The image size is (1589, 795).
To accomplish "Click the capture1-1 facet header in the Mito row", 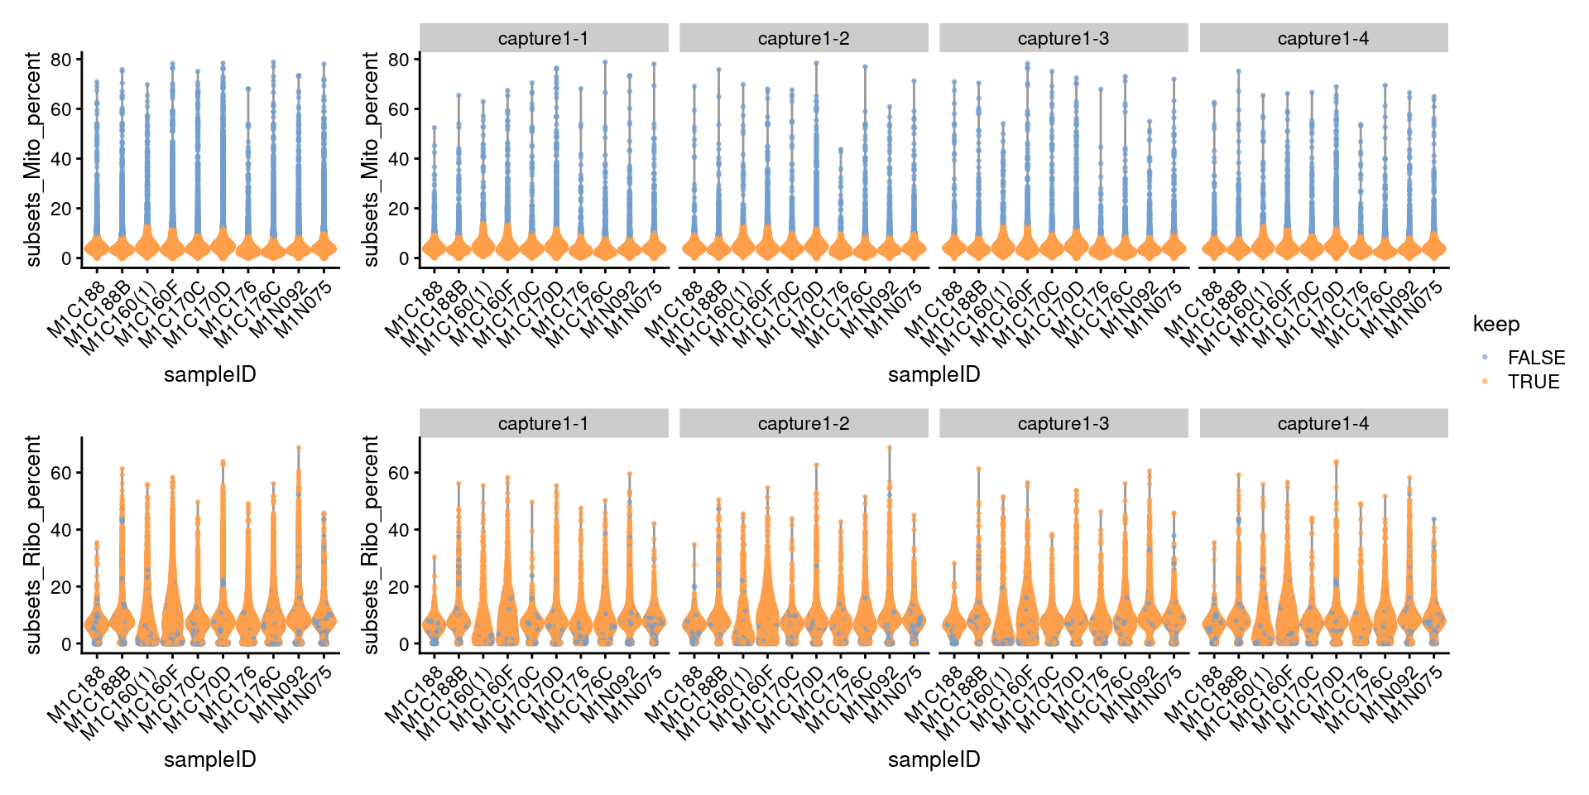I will click(x=543, y=38).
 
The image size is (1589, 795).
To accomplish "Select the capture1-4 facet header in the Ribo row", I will click(x=1323, y=423).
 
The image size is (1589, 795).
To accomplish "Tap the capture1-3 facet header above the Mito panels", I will click(x=1063, y=38).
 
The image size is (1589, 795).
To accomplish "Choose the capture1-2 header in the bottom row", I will click(x=803, y=423).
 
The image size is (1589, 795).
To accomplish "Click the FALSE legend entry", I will click(x=1535, y=358).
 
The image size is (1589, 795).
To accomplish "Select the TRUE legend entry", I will click(x=1533, y=382).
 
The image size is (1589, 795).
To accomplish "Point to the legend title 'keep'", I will click(x=1495, y=325).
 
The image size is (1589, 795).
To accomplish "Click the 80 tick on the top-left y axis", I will click(x=61, y=60).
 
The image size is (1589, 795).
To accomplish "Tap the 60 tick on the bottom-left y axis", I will click(x=61, y=473).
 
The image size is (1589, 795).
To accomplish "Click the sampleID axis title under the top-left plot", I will click(x=209, y=374).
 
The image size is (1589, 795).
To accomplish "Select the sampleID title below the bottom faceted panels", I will click(x=934, y=759).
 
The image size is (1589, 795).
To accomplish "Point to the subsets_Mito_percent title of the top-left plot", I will click(x=33, y=159).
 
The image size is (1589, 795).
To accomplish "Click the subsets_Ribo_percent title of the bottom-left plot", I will click(x=33, y=545).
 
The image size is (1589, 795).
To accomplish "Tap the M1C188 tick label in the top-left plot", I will click(x=77, y=310).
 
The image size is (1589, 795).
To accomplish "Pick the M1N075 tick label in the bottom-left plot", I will click(x=304, y=694).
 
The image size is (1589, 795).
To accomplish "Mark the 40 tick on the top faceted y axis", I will click(x=399, y=159).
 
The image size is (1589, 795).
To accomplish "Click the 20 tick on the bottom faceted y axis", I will click(x=399, y=587).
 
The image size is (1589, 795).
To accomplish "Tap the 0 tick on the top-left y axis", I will click(x=67, y=258).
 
